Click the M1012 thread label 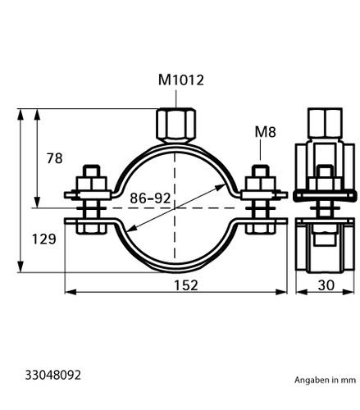click(181, 80)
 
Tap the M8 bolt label click(265, 132)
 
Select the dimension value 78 click(54, 158)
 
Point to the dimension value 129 click(44, 239)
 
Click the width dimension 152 click(186, 285)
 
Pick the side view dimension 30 click(326, 285)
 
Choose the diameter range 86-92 click(150, 198)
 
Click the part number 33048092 click(53, 375)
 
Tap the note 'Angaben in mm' click(325, 380)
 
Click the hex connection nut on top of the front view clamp click(176, 125)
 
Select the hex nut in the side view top click(325, 123)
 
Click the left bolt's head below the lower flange click(91, 229)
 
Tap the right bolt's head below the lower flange click(260, 229)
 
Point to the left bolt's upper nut click(91, 184)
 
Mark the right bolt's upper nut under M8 click(260, 184)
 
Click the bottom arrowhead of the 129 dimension click(21, 266)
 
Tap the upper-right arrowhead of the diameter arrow click(221, 187)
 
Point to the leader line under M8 click(260, 150)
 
